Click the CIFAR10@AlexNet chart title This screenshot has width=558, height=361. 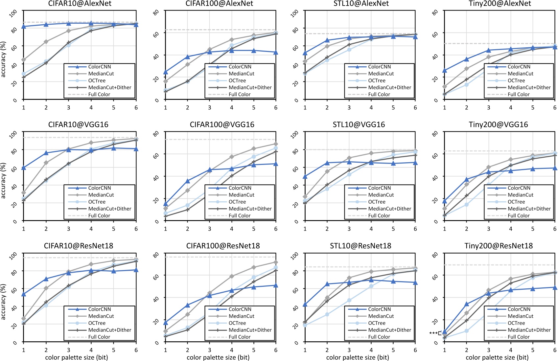tap(80, 4)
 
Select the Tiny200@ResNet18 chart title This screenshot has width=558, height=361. tap(498, 246)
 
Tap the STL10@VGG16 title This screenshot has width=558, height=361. tap(359, 125)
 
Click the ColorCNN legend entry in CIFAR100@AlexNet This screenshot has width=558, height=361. tap(240, 67)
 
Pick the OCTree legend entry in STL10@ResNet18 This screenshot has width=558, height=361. tap(377, 323)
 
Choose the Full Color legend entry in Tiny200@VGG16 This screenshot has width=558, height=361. tap(519, 215)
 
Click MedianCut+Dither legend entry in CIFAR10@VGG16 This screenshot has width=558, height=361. tap(109, 209)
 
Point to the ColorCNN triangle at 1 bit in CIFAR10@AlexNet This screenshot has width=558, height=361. tap(24, 26)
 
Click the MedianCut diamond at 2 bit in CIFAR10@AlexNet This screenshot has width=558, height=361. tap(46, 42)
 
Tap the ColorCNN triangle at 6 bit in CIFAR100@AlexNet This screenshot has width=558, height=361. tap(276, 52)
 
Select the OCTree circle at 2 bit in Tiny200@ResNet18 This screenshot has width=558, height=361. tap(466, 331)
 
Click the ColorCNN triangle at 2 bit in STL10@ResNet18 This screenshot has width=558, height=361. tap(327, 284)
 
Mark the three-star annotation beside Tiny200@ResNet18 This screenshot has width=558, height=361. tap(433, 333)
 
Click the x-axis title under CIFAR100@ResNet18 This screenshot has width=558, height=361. tap(218, 357)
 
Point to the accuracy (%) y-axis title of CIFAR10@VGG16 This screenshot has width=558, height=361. tap(3, 181)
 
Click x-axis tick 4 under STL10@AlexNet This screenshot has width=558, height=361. tap(371, 108)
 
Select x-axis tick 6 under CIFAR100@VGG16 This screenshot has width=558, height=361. tap(276, 229)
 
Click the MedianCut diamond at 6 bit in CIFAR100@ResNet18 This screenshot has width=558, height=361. tap(276, 262)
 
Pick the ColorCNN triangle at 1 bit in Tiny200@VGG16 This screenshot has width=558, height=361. tap(445, 201)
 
